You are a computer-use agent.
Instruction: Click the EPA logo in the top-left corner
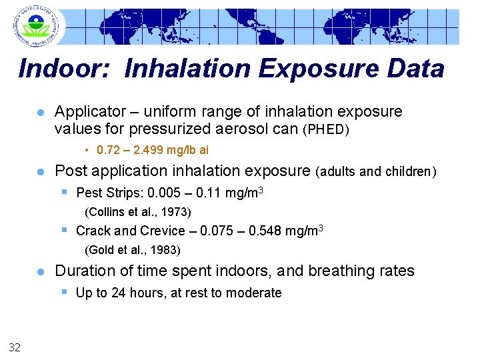click(x=35, y=26)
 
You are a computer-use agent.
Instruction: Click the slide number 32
click(x=15, y=345)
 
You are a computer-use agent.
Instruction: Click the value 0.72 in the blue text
click(x=107, y=150)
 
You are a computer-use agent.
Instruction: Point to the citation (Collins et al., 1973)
click(x=138, y=213)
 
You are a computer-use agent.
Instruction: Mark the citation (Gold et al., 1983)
click(x=133, y=251)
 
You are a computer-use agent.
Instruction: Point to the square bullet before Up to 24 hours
click(x=65, y=291)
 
